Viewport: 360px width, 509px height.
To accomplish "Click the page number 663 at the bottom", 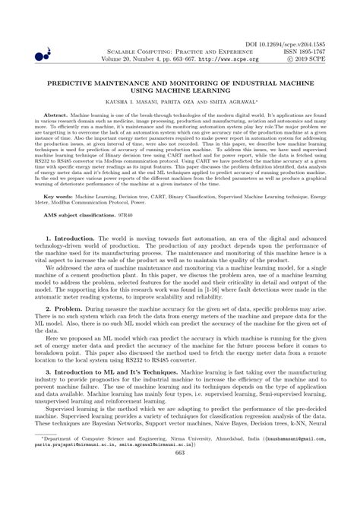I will tap(180, 496).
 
